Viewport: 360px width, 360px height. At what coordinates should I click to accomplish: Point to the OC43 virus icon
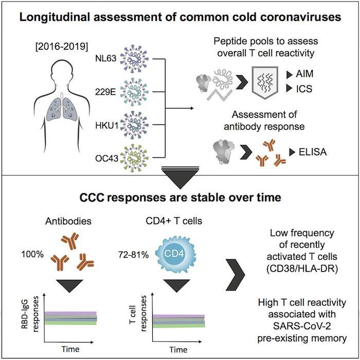pyautogui.click(x=133, y=155)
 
